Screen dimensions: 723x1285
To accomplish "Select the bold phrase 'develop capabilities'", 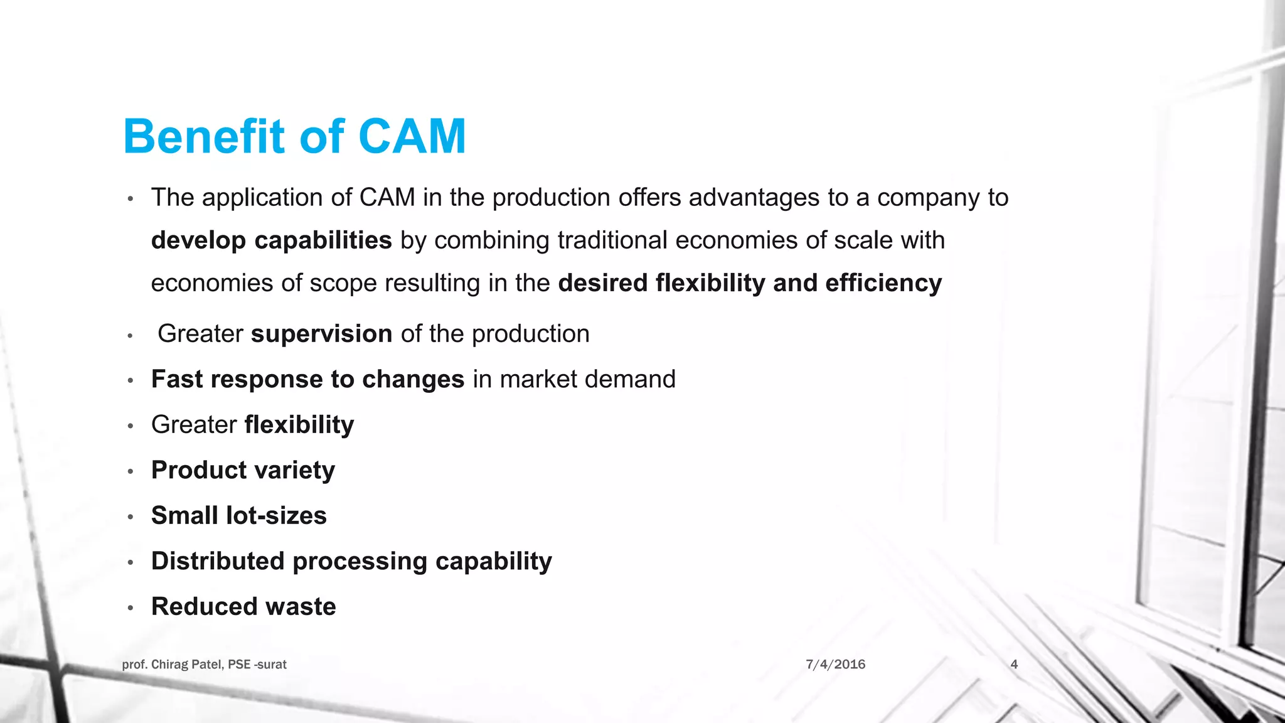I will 271,240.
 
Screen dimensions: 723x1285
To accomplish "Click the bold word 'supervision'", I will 321,334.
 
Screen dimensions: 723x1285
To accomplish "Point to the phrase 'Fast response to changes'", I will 307,380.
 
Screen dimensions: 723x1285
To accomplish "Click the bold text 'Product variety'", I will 243,470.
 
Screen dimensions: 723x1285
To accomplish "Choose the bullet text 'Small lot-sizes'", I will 238,516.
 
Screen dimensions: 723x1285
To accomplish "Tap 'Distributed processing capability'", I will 351,561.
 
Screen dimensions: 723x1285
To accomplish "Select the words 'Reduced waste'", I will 243,607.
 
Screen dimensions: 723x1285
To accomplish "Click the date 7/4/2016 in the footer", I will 835,664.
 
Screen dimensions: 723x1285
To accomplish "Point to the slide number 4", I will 1014,664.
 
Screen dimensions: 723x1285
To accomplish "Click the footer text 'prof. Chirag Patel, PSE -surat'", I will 204,664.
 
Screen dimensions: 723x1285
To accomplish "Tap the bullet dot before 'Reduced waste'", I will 131,608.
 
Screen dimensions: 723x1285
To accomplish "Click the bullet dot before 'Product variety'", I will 131,471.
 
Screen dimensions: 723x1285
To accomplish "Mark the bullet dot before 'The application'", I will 131,199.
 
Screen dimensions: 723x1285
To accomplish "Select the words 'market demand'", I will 587,380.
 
